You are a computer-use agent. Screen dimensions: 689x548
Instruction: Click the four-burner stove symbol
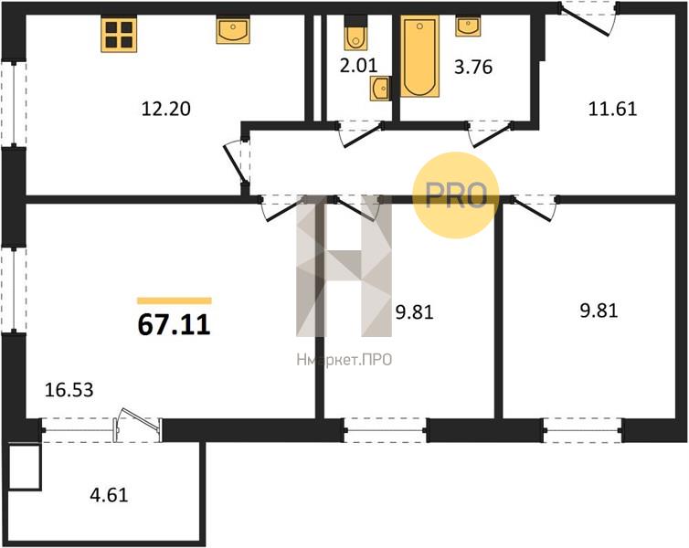119,35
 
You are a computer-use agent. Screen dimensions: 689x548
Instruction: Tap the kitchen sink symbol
233,30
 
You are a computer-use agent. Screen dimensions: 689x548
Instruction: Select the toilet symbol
355,33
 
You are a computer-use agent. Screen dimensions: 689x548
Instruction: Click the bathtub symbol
420,57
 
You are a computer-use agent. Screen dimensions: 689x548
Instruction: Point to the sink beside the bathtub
468,26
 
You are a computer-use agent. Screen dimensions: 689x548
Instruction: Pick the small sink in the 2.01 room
380,89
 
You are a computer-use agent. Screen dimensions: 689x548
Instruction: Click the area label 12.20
166,109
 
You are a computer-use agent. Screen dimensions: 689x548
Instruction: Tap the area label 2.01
358,66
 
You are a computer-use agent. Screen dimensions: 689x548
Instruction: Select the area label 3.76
473,68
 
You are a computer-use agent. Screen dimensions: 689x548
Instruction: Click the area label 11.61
612,109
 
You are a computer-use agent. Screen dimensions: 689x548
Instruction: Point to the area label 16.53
69,389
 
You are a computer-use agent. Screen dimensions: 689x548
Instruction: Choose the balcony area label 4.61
109,495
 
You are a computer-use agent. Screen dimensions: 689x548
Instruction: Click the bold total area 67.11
175,325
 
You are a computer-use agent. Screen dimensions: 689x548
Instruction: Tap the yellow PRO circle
456,195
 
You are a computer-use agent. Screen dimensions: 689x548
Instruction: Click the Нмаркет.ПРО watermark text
344,361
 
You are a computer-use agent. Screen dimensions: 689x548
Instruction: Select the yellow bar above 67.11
175,300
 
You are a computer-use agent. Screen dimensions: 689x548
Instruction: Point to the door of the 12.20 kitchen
238,162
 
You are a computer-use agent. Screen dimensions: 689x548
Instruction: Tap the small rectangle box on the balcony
25,468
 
